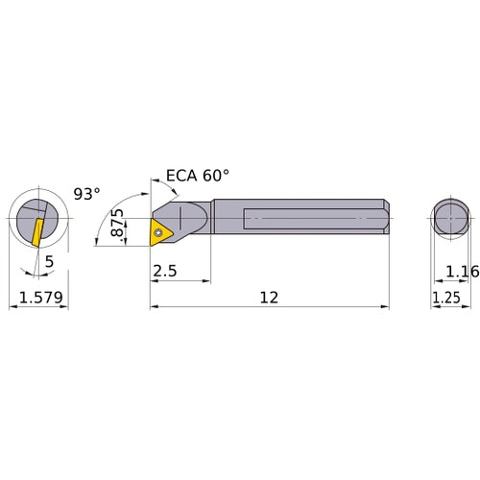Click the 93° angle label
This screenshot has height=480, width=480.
(86, 194)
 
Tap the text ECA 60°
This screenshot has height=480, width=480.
(198, 176)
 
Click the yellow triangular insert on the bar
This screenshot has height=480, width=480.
(162, 229)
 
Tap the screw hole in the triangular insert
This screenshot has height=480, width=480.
(159, 229)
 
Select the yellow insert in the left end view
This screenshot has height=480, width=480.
(36, 231)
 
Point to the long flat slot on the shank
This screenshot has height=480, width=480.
(307, 219)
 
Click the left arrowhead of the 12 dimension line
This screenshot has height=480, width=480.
(155, 307)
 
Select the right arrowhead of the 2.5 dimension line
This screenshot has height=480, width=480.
(206, 281)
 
